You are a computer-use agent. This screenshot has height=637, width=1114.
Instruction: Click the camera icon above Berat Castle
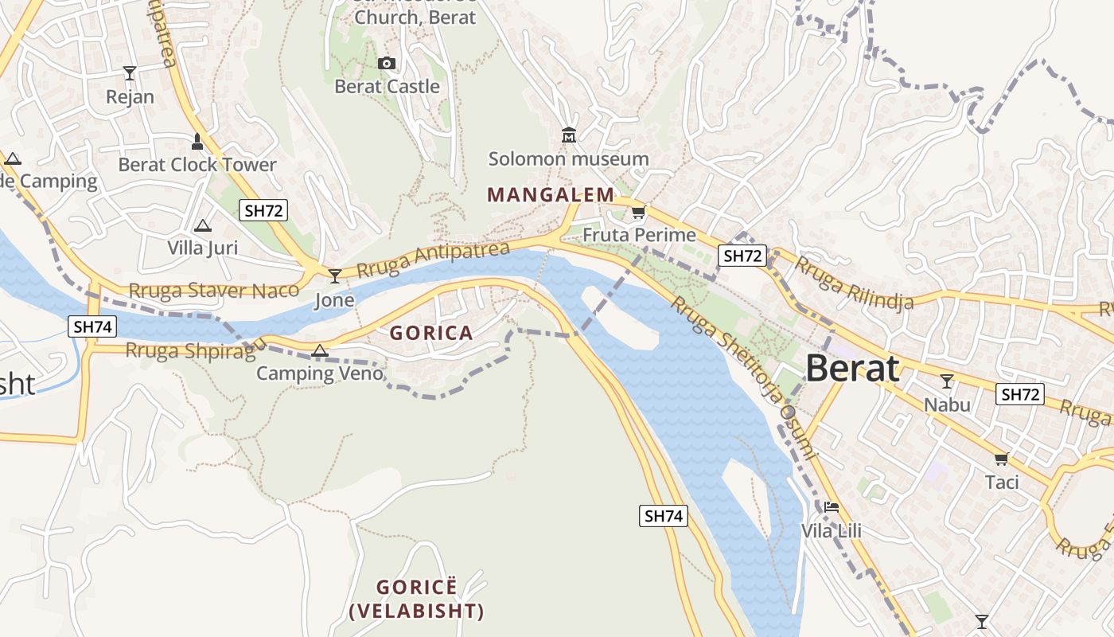(387, 64)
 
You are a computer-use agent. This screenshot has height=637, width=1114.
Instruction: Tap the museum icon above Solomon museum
(568, 135)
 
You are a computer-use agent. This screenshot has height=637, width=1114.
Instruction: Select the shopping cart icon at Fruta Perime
(638, 213)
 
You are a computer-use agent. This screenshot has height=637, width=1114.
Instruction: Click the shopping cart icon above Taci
(1001, 459)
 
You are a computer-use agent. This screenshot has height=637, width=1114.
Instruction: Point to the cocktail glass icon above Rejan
(130, 74)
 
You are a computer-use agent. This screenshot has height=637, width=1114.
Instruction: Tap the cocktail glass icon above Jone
(335, 276)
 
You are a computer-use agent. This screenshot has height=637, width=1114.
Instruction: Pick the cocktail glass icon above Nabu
(946, 381)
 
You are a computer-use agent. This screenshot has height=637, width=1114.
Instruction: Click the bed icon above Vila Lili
(832, 506)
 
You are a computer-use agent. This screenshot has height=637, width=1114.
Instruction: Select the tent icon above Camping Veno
(319, 350)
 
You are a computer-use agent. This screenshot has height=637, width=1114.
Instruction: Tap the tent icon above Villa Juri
(203, 225)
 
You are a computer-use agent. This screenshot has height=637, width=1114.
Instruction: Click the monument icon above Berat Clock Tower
(197, 142)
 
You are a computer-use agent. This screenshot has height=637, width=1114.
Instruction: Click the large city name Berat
(852, 369)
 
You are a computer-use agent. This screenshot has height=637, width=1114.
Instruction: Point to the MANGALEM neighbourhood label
(551, 194)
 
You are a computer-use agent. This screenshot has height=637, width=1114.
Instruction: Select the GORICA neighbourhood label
(431, 333)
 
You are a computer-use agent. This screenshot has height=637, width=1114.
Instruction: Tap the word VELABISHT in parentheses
(416, 612)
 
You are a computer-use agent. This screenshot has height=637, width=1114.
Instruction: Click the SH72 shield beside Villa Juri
(263, 210)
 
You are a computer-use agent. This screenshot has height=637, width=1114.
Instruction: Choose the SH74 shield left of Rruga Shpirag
(92, 326)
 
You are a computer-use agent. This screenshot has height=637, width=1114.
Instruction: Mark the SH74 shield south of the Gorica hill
(663, 516)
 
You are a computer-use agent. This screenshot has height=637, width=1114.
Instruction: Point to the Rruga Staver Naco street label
(213, 290)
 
